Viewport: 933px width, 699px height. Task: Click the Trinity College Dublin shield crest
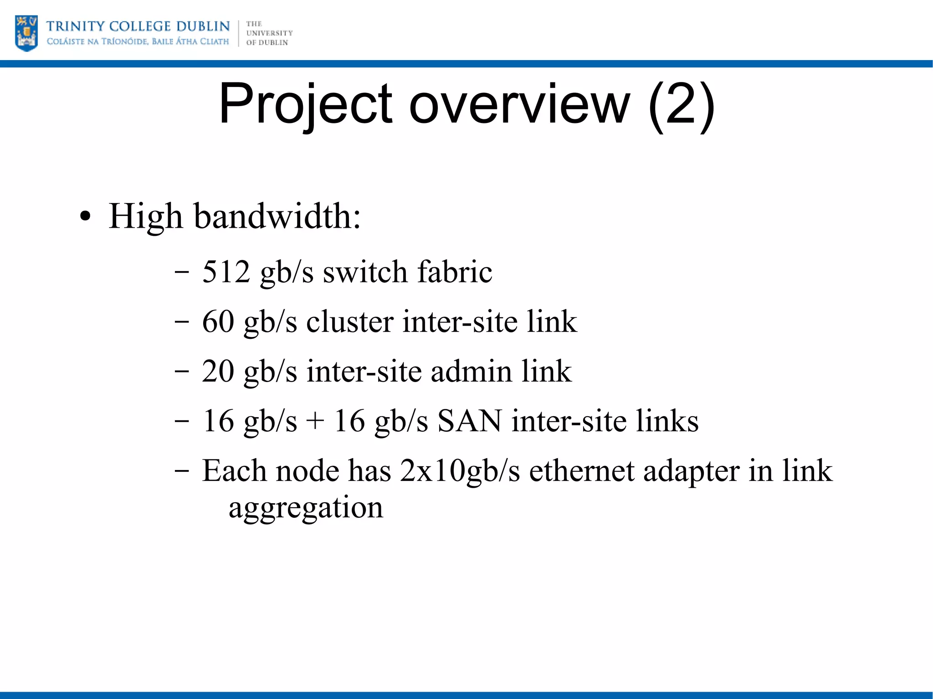click(x=26, y=33)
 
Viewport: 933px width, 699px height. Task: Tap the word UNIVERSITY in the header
click(x=269, y=33)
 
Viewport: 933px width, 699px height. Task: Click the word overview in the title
click(x=520, y=105)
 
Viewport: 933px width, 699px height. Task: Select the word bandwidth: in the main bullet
click(x=277, y=216)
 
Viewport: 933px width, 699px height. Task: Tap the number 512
click(x=226, y=271)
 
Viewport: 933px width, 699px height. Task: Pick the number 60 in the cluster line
click(x=218, y=321)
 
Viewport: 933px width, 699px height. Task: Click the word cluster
click(x=349, y=321)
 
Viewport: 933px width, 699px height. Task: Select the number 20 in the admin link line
click(x=218, y=371)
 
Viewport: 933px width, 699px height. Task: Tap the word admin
click(x=471, y=371)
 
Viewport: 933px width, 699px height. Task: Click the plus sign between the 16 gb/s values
click(x=315, y=421)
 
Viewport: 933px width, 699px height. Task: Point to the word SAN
click(x=469, y=421)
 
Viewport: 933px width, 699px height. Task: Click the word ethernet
click(x=581, y=470)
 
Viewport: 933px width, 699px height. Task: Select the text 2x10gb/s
click(x=460, y=471)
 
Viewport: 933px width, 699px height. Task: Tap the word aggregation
click(x=306, y=508)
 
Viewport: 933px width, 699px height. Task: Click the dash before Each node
click(x=182, y=470)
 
